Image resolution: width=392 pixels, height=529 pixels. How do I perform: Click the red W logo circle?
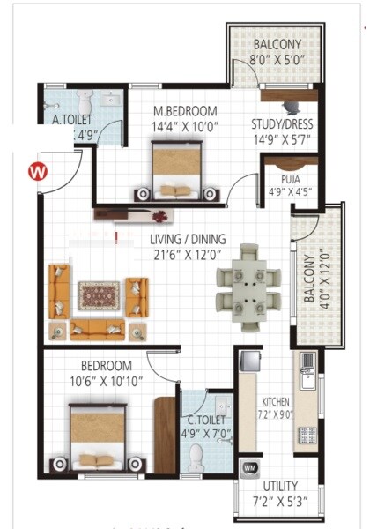(x=37, y=169)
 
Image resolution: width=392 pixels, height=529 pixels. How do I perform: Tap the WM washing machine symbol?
(x=249, y=467)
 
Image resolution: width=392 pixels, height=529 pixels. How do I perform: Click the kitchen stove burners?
(x=307, y=434)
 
